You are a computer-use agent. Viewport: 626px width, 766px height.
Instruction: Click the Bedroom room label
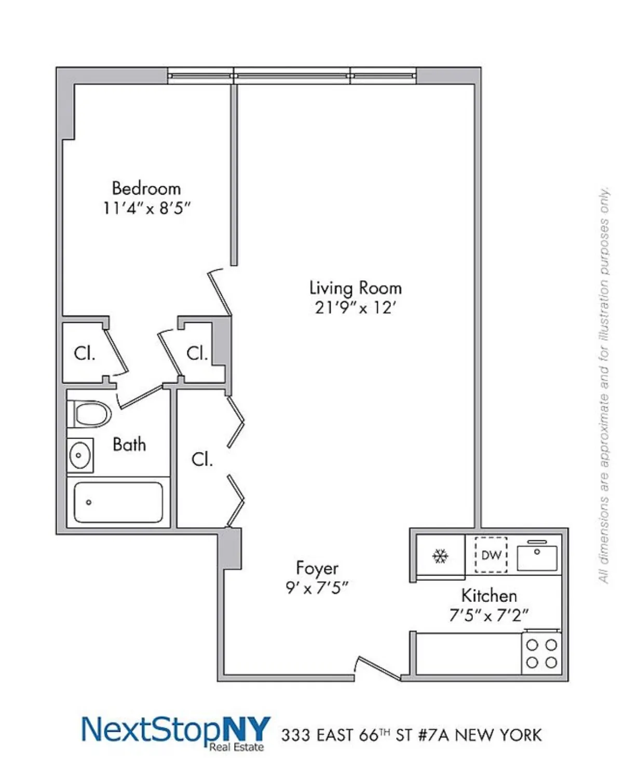coord(146,188)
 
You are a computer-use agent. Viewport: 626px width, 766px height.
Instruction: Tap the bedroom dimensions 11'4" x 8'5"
coord(147,208)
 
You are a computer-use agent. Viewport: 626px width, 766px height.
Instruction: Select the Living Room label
coord(356,288)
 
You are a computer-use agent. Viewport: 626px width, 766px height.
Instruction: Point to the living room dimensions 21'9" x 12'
coord(356,308)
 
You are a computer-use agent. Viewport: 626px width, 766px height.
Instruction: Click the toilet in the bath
coord(90,414)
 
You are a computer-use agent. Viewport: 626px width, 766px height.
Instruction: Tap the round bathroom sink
coord(80,455)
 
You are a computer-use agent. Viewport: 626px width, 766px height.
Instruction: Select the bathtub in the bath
coord(118,502)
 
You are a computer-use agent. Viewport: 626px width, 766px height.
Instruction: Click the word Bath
coord(129,445)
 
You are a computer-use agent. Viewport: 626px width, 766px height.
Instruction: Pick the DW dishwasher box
coord(491,555)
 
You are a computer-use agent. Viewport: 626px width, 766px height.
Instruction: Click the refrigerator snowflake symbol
coord(440,556)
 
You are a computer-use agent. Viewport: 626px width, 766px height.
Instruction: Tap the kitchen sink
coord(537,557)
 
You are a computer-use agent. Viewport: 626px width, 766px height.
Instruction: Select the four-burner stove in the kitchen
coord(541,653)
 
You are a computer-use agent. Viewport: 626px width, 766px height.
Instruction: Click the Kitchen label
coord(489,595)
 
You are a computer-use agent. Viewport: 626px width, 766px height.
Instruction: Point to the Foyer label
coord(317,568)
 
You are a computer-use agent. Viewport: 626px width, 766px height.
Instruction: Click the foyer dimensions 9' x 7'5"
coord(317,588)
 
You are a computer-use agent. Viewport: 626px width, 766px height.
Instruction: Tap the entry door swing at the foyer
coord(378,668)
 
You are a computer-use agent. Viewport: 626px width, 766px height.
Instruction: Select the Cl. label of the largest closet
coord(202,459)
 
